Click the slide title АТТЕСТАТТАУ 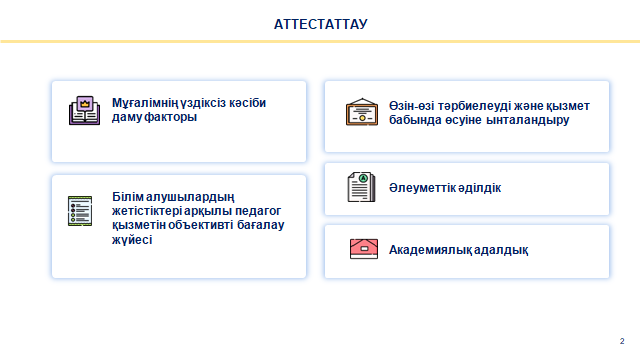(x=320, y=23)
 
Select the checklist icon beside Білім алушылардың (x=80, y=212)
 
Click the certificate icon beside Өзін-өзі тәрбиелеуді (x=361, y=112)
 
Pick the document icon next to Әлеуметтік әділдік (x=361, y=187)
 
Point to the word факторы (x=169, y=117)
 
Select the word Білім (x=129, y=197)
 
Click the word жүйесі (x=132, y=240)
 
